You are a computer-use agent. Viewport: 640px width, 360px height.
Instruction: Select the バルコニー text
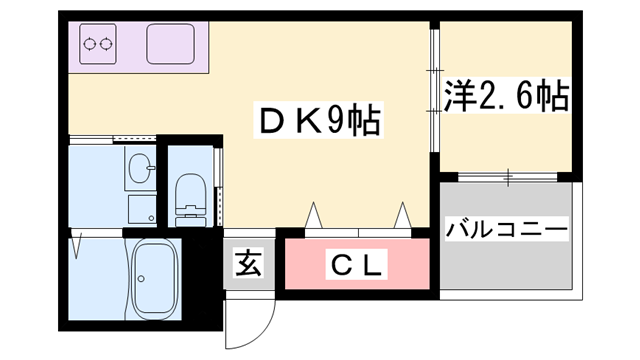(x=506, y=229)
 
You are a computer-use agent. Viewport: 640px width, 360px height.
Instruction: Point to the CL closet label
(x=356, y=266)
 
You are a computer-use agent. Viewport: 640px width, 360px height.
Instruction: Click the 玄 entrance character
(x=248, y=265)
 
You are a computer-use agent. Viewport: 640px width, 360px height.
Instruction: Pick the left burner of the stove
(x=89, y=44)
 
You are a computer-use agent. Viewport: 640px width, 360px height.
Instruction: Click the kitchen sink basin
(x=173, y=43)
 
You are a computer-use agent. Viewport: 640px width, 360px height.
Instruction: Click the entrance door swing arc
(x=250, y=320)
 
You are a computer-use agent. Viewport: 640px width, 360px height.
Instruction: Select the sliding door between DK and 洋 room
(x=435, y=95)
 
